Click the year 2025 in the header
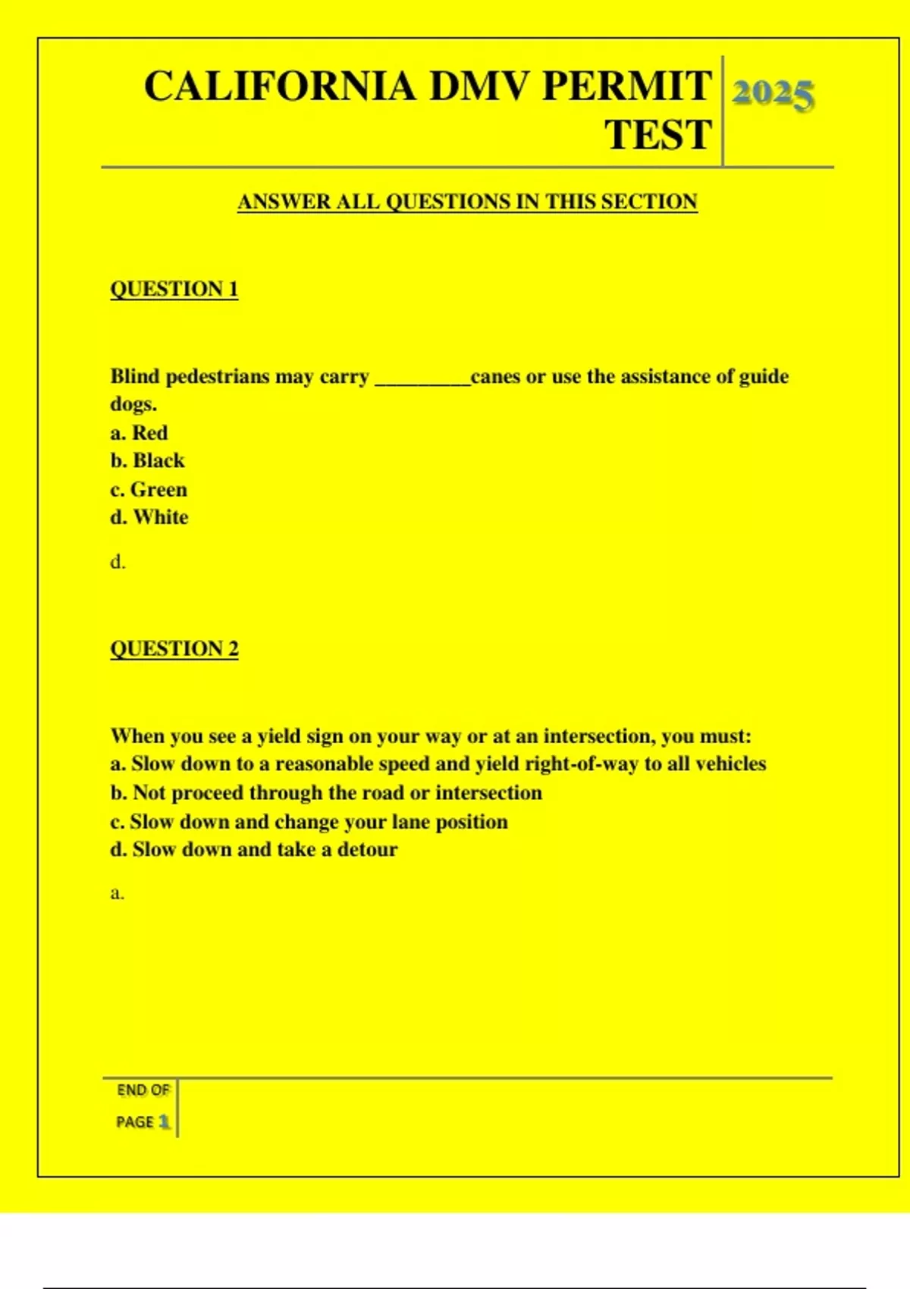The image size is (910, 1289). coord(773,95)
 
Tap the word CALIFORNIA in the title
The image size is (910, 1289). coord(279,86)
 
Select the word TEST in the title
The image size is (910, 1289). coord(658,135)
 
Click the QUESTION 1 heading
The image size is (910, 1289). coord(174,289)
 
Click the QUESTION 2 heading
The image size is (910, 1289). coord(174,649)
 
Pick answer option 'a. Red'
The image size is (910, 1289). coord(139,433)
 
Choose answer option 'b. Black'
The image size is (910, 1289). coord(147,461)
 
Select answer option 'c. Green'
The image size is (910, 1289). coord(149,490)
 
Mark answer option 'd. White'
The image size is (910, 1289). coord(149,518)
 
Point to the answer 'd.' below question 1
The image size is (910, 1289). coord(118,563)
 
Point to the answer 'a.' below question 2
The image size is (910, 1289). coord(117,893)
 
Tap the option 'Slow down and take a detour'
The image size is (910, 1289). coord(254,850)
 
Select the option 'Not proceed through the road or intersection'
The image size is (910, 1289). coord(326,793)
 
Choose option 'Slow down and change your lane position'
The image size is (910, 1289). coord(309,822)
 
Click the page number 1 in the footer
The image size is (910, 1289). coord(164,1121)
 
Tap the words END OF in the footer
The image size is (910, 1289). coord(143,1090)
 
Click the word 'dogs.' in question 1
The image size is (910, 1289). coord(133,404)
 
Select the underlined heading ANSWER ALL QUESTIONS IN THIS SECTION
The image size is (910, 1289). coord(467,202)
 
